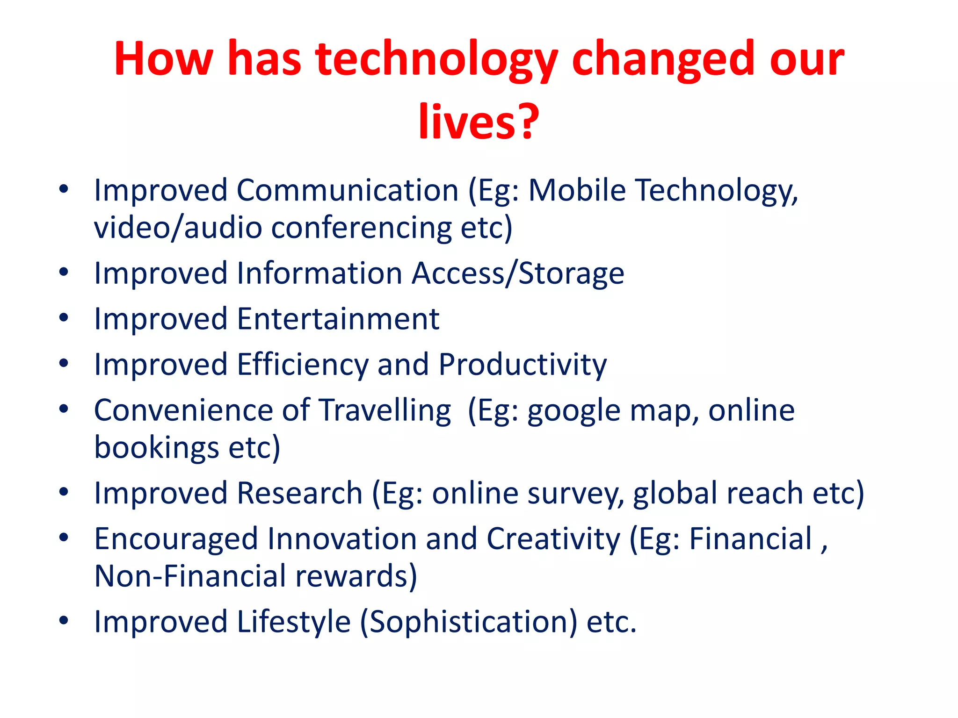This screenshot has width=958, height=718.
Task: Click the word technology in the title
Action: (436, 60)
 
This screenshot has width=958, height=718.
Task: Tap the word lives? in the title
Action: (479, 122)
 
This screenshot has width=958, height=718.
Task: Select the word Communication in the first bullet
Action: (347, 191)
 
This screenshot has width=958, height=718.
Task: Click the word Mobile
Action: (577, 191)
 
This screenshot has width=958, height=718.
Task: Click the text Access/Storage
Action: (518, 273)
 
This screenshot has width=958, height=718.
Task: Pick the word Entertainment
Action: (338, 319)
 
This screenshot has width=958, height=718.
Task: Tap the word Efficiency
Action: (302, 365)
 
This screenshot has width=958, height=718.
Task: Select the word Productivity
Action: (523, 365)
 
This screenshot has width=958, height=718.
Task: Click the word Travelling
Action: (385, 411)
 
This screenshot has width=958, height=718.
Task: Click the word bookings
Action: (156, 448)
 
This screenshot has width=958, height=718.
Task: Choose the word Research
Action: (300, 494)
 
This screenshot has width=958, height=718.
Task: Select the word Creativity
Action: (553, 539)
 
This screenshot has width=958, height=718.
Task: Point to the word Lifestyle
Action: (294, 622)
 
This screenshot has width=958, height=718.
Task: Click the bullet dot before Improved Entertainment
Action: (64, 318)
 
